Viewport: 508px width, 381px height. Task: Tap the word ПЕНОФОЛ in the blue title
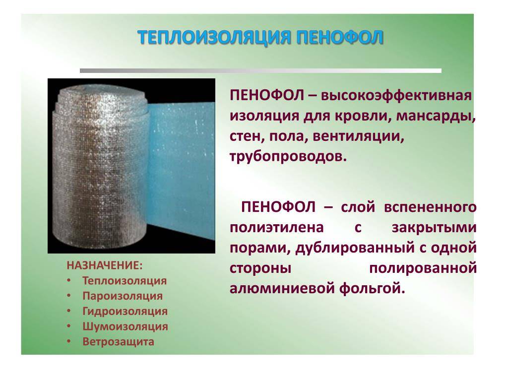point(339,37)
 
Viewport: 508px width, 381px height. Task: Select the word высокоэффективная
point(396,96)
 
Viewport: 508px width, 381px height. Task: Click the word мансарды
point(436,116)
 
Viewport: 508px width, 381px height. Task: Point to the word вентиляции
point(359,136)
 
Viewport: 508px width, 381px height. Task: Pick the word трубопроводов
point(288,157)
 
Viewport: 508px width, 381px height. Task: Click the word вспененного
point(430,207)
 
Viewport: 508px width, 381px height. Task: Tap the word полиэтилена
point(277,228)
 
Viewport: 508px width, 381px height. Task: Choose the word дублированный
point(355,248)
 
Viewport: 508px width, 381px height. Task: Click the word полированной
point(423,268)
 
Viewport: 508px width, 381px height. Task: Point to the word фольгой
point(372,288)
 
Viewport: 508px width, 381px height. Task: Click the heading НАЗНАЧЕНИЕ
point(105,266)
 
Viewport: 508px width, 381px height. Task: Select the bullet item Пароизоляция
point(123,296)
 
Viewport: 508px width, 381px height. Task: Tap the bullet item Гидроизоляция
point(125,311)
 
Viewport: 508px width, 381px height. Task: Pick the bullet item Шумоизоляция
point(125,326)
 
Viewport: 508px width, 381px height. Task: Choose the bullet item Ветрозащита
point(118,341)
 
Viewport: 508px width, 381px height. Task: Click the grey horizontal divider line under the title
point(260,70)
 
